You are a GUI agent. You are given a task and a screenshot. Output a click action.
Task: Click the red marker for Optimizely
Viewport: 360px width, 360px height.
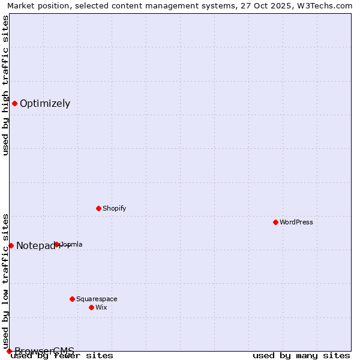(14, 103)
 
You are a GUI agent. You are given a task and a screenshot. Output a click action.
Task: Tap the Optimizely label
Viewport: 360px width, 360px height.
(45, 104)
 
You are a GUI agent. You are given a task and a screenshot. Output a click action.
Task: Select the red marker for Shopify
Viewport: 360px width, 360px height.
(98, 208)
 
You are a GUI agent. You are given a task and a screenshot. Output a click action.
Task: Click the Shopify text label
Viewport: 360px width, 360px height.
(114, 209)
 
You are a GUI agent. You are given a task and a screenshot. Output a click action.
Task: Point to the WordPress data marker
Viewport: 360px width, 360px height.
(275, 222)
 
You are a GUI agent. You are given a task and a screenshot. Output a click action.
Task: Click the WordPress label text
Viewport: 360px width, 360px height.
(296, 223)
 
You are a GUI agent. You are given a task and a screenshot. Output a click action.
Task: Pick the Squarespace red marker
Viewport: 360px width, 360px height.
(72, 299)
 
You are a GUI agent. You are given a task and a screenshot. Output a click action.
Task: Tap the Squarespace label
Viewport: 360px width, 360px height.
(97, 299)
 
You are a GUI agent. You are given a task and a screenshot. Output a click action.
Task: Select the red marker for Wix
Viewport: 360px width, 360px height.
(91, 307)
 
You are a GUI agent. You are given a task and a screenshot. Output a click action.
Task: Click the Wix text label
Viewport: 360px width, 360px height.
(101, 308)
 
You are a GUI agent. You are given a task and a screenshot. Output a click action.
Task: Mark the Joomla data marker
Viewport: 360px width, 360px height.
(57, 244)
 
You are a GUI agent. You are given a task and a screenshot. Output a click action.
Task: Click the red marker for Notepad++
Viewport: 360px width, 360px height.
(11, 245)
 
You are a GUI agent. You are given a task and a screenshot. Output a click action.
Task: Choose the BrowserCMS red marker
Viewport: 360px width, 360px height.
(9, 351)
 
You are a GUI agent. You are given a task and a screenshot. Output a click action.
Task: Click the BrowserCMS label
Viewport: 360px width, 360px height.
(44, 351)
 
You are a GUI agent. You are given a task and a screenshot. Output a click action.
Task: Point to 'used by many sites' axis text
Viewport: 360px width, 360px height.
(301, 356)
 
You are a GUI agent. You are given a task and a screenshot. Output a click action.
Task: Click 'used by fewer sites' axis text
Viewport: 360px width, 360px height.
(62, 356)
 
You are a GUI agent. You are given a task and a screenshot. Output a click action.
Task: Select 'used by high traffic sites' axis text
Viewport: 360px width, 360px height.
(5, 85)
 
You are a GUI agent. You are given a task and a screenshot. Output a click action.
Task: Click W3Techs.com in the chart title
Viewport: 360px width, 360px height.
(325, 5)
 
